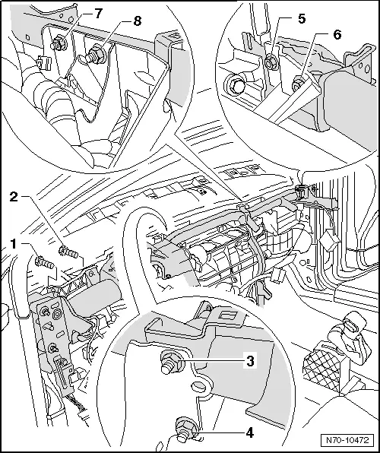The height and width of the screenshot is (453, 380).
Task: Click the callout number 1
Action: [x=14, y=244]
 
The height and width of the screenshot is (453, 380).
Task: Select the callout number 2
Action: [x=14, y=197]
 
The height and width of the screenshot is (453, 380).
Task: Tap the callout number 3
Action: [x=250, y=361]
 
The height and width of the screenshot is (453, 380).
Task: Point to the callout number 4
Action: [x=250, y=433]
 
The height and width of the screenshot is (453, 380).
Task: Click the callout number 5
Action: [x=302, y=19]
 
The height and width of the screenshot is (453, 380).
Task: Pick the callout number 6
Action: [x=337, y=35]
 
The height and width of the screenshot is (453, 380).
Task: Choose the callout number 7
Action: [x=99, y=14]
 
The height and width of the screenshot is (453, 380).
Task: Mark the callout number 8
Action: [x=138, y=21]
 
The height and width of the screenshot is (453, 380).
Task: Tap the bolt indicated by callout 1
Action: [x=44, y=262]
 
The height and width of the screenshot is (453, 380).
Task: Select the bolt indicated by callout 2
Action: [x=68, y=252]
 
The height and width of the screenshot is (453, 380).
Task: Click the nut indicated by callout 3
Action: [x=172, y=362]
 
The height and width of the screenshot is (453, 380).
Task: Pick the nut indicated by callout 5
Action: [x=271, y=62]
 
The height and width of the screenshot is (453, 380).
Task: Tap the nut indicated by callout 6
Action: [x=297, y=84]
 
